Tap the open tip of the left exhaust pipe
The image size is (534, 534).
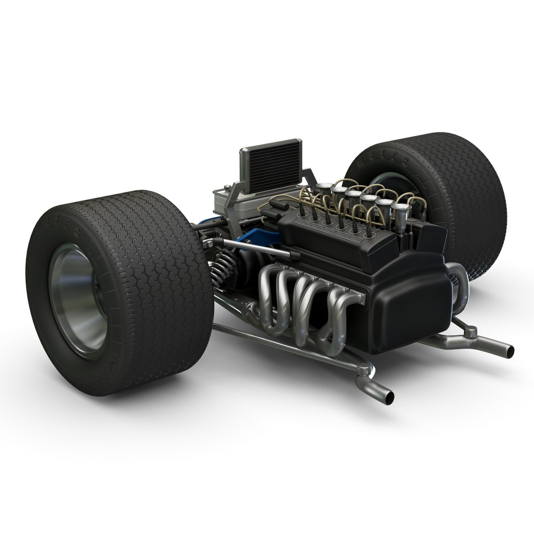389,396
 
